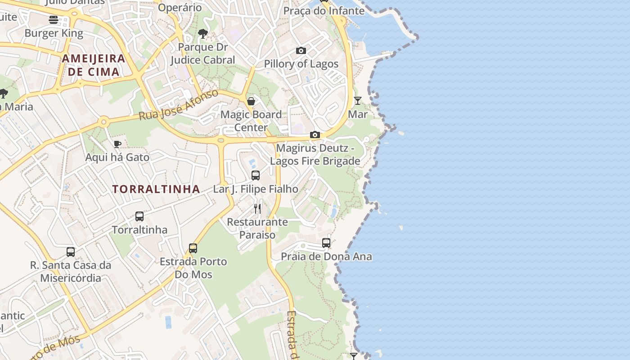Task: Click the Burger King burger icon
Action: click(x=54, y=19)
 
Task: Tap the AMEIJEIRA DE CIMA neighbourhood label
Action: click(x=94, y=65)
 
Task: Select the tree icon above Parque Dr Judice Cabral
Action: click(x=203, y=33)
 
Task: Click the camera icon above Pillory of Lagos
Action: click(x=301, y=50)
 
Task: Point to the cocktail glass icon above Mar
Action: click(x=358, y=100)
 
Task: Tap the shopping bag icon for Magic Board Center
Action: click(x=251, y=101)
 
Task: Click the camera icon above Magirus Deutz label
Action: click(x=315, y=135)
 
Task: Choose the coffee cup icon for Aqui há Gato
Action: click(x=117, y=144)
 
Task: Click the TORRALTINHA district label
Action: click(x=156, y=189)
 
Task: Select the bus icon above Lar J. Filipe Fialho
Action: click(x=256, y=175)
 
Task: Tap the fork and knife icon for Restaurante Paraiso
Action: click(x=257, y=208)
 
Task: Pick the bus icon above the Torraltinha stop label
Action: click(x=139, y=216)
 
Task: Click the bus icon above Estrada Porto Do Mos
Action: click(x=193, y=248)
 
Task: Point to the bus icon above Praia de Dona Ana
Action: click(x=326, y=243)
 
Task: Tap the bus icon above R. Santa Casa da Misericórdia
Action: click(x=71, y=252)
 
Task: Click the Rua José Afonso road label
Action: click(x=179, y=104)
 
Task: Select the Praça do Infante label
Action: click(x=324, y=10)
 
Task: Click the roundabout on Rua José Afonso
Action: click(x=104, y=121)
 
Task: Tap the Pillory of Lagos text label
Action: click(x=301, y=64)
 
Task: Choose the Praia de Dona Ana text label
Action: click(x=326, y=256)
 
